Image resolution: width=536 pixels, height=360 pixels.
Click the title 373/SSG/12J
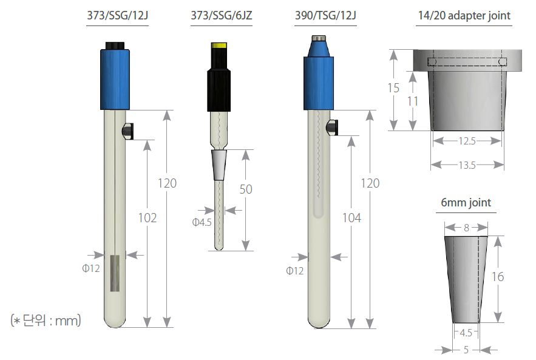coord(117,15)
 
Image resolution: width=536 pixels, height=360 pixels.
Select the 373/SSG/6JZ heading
coord(222,15)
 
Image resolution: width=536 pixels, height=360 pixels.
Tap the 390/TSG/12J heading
coord(325,15)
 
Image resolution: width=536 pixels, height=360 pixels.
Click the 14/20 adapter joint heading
coord(464,15)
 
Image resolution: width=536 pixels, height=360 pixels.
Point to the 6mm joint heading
coord(466,202)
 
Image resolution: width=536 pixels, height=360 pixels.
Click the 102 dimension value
coord(148,218)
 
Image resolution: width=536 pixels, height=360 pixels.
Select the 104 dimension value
coord(351,218)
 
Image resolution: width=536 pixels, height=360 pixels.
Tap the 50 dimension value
coord(246,189)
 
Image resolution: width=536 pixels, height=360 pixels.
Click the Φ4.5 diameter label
coord(202,222)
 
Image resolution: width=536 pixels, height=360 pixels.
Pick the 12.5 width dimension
coord(467,141)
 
